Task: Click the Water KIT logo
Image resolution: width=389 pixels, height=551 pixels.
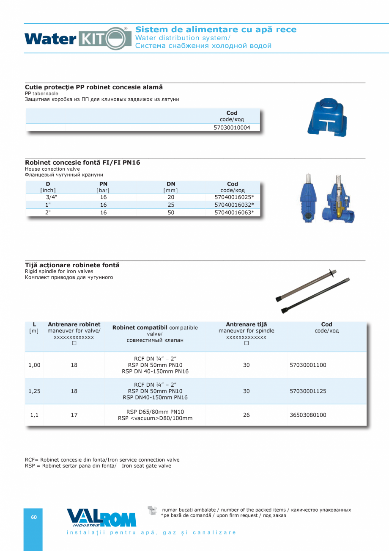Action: (78, 39)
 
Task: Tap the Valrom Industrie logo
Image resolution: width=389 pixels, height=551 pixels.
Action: (101, 518)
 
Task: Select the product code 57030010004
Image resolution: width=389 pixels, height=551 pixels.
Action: (232, 127)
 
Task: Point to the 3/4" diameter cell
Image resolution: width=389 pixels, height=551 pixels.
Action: (51, 197)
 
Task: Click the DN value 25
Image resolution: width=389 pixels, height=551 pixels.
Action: (171, 205)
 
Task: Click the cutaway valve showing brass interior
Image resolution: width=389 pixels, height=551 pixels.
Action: (340, 199)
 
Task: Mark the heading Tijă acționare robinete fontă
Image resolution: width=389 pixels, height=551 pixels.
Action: (72, 265)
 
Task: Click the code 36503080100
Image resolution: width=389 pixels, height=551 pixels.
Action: (308, 415)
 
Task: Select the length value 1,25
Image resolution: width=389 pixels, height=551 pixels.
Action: (34, 391)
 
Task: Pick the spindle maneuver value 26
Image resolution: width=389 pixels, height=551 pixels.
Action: (246, 415)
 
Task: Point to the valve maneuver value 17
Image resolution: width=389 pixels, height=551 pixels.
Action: (74, 415)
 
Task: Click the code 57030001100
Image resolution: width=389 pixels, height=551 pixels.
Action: (308, 365)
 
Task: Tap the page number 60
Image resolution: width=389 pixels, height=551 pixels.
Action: (34, 517)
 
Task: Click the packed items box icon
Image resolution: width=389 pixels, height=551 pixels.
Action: (152, 510)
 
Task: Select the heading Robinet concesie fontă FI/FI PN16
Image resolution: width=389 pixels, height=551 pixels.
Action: (82, 163)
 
